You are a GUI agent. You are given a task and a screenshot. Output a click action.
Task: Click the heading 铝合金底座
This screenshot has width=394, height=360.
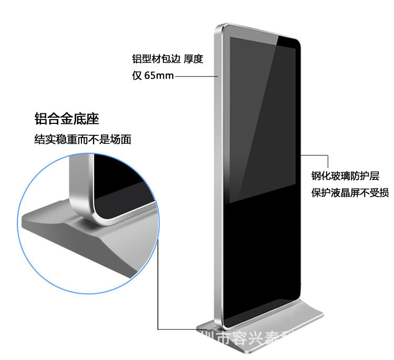click(67, 119)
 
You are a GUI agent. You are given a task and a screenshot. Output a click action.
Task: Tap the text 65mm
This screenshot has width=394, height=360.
click(159, 76)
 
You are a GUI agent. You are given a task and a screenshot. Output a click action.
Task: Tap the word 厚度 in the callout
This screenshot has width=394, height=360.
click(193, 59)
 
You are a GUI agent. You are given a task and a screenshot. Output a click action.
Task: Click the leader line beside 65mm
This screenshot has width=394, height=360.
click(195, 76)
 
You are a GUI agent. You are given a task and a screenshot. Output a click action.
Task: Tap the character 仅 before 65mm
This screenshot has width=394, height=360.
click(137, 76)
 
